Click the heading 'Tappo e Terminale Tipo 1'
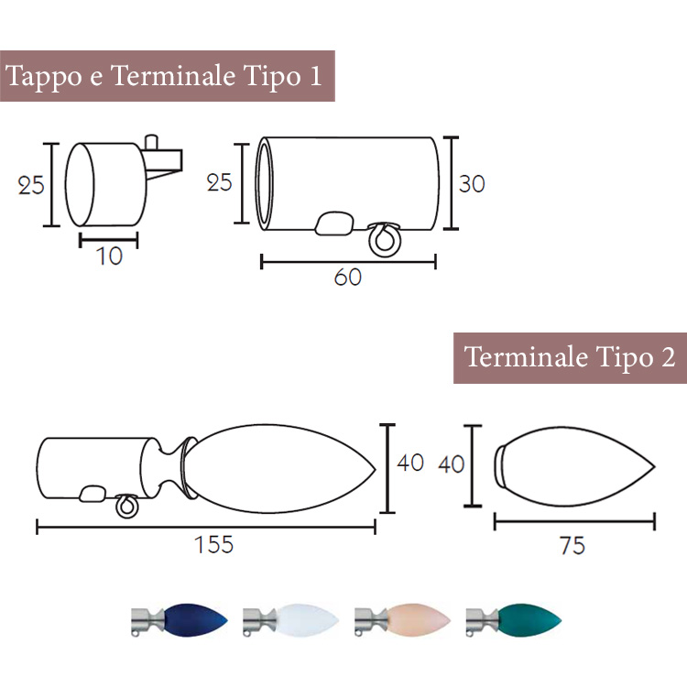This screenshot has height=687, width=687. pyautogui.click(x=164, y=76)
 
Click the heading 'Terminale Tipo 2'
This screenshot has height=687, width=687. pyautogui.click(x=570, y=356)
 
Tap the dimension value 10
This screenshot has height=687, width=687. pyautogui.click(x=109, y=256)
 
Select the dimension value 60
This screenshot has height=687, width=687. pyautogui.click(x=348, y=278)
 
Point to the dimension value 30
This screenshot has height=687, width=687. pyautogui.click(x=472, y=184)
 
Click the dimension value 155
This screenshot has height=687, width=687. pyautogui.click(x=213, y=545)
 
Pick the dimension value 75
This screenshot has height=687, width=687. pyautogui.click(x=572, y=546)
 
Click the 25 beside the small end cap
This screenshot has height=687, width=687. pyautogui.click(x=31, y=185)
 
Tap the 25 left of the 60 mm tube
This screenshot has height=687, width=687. pyautogui.click(x=219, y=182)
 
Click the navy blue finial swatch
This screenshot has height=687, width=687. pyautogui.click(x=180, y=620)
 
